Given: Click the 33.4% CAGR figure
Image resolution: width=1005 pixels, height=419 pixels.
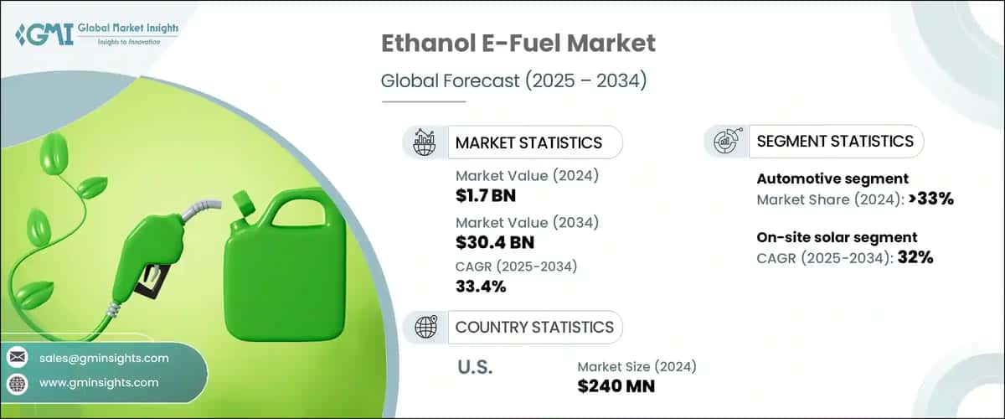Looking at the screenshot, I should pos(481,287).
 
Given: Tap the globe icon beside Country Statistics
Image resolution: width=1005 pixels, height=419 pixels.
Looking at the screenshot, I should pos(425,326).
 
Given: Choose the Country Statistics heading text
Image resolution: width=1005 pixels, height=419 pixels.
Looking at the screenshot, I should pos(533,327).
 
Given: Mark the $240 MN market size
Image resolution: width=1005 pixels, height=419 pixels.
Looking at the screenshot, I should pos(616,386).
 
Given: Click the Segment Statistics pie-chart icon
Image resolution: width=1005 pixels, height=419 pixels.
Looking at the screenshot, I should pos(725,142).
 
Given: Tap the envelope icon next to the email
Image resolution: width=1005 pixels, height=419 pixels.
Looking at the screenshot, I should pos(17,358).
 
